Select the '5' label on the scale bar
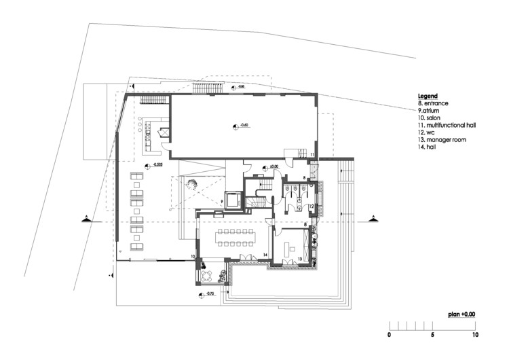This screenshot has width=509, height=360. tap(432, 335)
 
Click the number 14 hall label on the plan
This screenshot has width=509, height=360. tap(266, 255)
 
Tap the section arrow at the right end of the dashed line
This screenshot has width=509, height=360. tap(373, 219)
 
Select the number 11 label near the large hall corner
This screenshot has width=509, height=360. tap(312, 156)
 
